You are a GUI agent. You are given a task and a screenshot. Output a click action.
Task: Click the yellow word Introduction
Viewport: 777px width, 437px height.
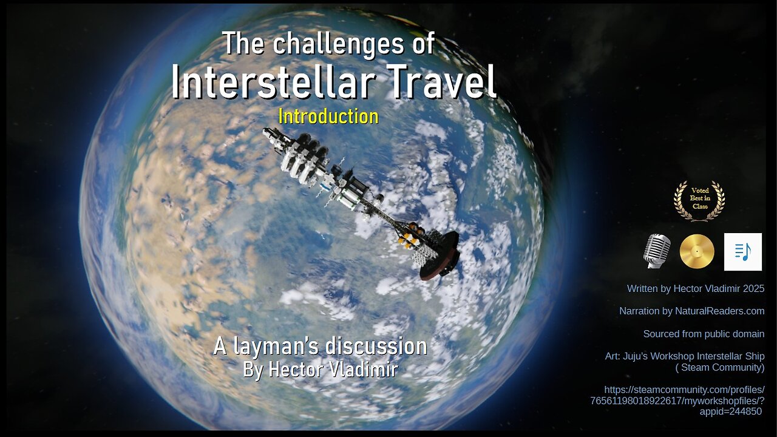pyautogui.click(x=328, y=117)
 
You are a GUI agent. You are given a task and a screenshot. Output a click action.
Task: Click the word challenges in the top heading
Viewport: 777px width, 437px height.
pyautogui.click(x=339, y=44)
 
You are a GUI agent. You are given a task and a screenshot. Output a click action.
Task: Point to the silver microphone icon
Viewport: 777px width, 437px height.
pyautogui.click(x=657, y=251)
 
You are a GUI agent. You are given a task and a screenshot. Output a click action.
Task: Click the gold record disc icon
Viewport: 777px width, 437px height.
pyautogui.click(x=697, y=251)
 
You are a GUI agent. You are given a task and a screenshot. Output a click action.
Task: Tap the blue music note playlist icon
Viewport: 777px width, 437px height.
pyautogui.click(x=743, y=252)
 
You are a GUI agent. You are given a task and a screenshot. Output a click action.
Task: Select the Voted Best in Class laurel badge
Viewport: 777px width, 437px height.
pyautogui.click(x=699, y=200)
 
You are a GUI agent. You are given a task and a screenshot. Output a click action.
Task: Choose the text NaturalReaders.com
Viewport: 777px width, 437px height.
pyautogui.click(x=720, y=311)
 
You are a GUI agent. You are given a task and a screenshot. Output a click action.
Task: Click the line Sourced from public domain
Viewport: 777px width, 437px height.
pyautogui.click(x=704, y=334)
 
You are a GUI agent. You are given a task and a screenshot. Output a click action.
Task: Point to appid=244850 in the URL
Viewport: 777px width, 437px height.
pyautogui.click(x=730, y=412)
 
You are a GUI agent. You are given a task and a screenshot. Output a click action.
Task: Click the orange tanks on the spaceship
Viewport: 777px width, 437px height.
pyautogui.click(x=411, y=235)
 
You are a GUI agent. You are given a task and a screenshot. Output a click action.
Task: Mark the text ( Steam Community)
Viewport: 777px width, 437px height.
pyautogui.click(x=720, y=367)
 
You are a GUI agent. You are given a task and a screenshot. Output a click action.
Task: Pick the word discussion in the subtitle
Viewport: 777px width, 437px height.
pyautogui.click(x=377, y=347)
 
